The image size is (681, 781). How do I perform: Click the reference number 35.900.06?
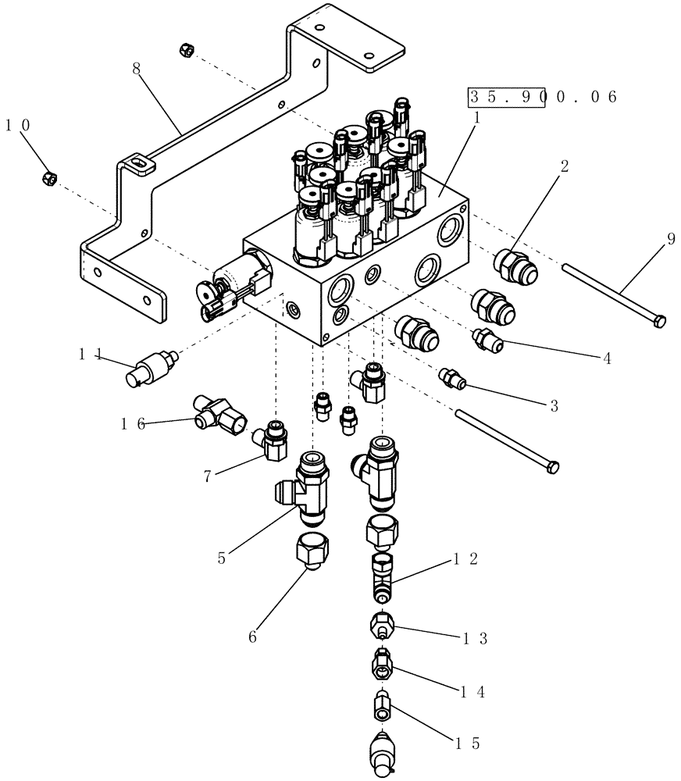point(542,97)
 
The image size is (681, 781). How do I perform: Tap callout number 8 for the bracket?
point(137,68)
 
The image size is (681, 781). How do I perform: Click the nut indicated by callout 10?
point(48,178)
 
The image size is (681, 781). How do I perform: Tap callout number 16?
point(133,423)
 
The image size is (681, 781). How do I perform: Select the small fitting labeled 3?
point(451,377)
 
